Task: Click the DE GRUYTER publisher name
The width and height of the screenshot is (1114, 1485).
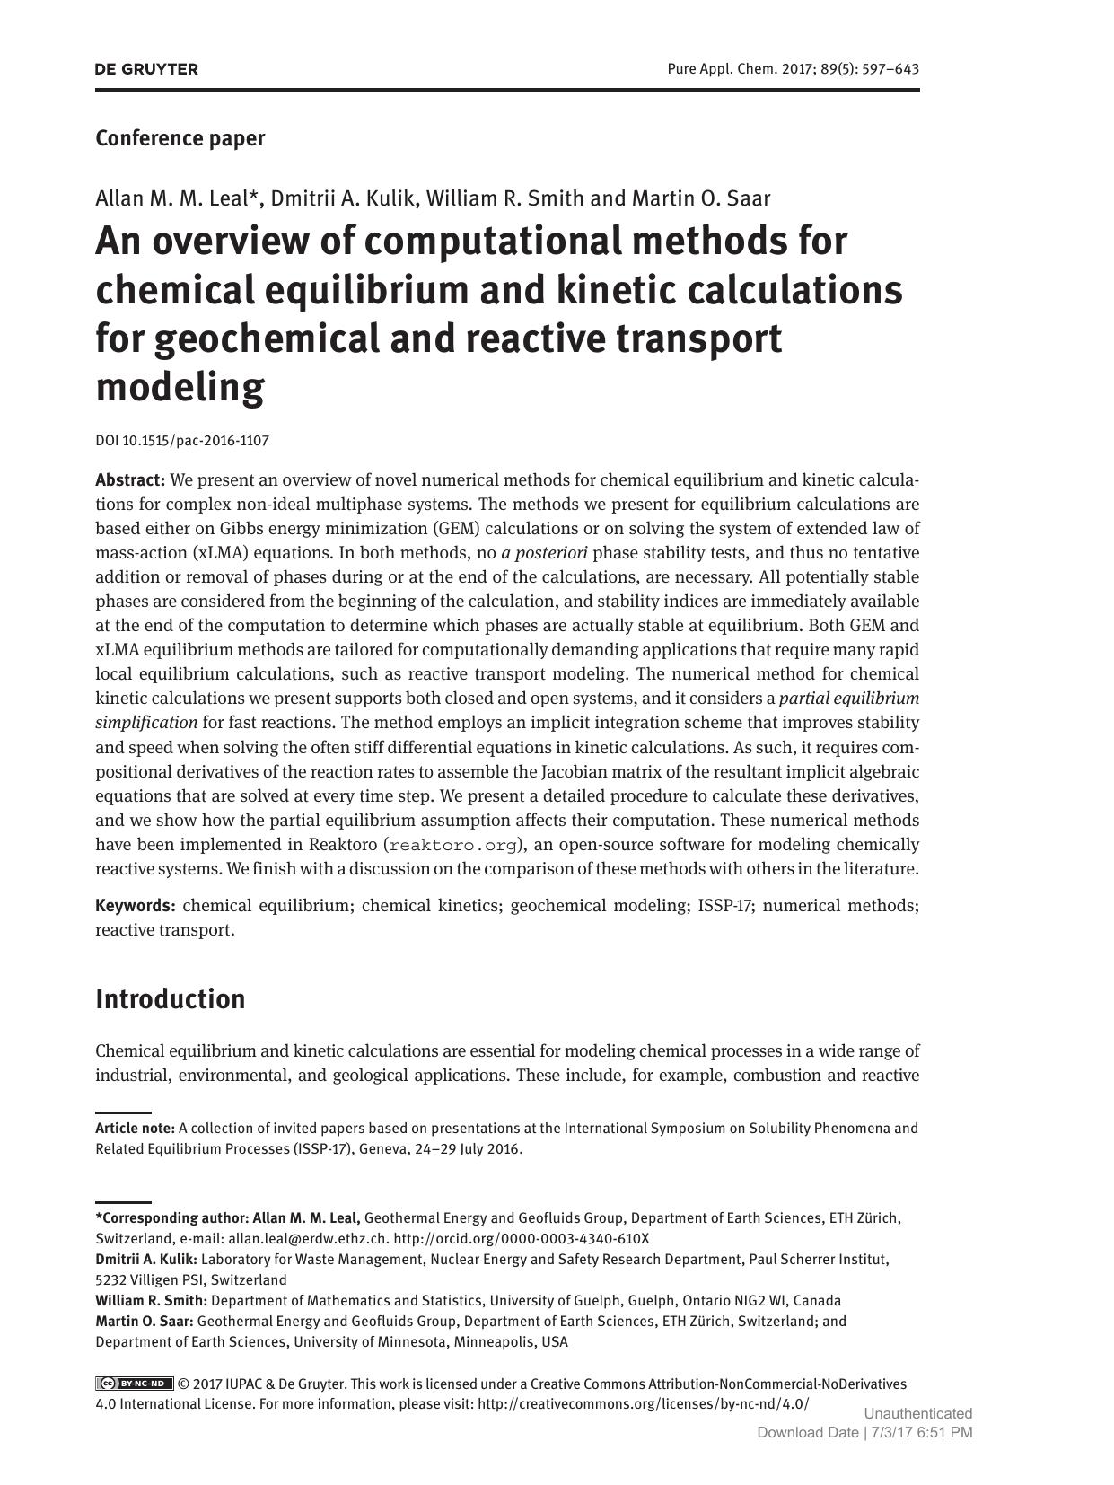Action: pos(146,69)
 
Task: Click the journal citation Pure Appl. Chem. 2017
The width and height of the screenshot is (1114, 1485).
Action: pos(793,69)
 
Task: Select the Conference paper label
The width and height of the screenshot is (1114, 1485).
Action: pos(180,138)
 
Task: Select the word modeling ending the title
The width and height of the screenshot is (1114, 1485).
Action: pos(180,387)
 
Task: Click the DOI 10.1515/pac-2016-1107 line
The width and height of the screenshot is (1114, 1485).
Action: pos(182,441)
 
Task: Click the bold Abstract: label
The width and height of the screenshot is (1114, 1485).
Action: pos(130,479)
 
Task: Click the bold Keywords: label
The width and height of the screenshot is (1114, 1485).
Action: pos(135,905)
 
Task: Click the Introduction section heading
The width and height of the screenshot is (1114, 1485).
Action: pos(170,999)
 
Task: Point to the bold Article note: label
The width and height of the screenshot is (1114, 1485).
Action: pos(135,1129)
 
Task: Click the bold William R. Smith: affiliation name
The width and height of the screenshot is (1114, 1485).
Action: pos(151,1300)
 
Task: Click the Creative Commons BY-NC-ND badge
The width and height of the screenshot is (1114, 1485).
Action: pos(135,1384)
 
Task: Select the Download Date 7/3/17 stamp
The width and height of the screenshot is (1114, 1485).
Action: pos(864,1433)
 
